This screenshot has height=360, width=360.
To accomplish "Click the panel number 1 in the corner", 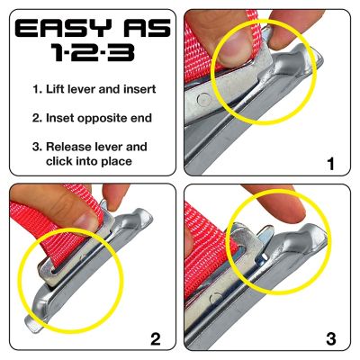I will (x=329, y=164).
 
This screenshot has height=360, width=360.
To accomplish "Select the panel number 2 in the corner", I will (x=155, y=338).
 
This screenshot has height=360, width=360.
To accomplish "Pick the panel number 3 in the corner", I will (x=329, y=338).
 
